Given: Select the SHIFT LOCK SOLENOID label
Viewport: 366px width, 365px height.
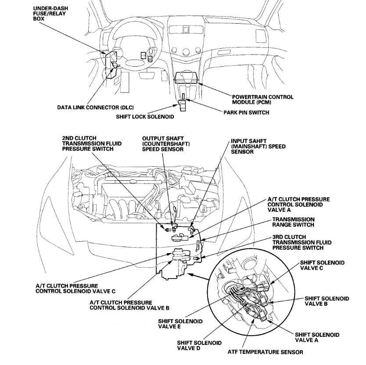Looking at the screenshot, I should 145,117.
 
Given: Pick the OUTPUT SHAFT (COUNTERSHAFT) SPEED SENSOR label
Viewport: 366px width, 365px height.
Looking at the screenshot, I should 163,143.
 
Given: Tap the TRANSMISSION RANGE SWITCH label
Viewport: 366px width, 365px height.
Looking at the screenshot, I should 293,222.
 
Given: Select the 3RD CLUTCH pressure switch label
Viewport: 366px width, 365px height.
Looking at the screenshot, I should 301,242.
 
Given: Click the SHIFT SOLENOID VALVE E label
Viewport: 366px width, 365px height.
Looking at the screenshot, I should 180,324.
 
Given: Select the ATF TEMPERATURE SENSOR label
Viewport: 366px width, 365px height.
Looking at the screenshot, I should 266,352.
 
